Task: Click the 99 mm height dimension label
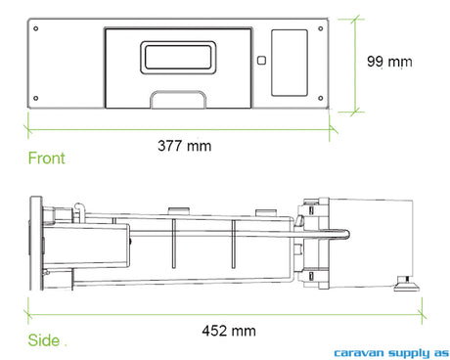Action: (389, 62)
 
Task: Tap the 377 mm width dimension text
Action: (185, 146)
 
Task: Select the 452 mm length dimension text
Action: (229, 331)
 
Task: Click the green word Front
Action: (47, 158)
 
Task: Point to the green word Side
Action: (44, 340)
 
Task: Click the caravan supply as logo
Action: (391, 353)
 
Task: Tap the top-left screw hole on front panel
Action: (36, 28)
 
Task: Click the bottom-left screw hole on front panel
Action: (36, 98)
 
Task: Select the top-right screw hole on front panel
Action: (321, 28)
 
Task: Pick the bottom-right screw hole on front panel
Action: (321, 98)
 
